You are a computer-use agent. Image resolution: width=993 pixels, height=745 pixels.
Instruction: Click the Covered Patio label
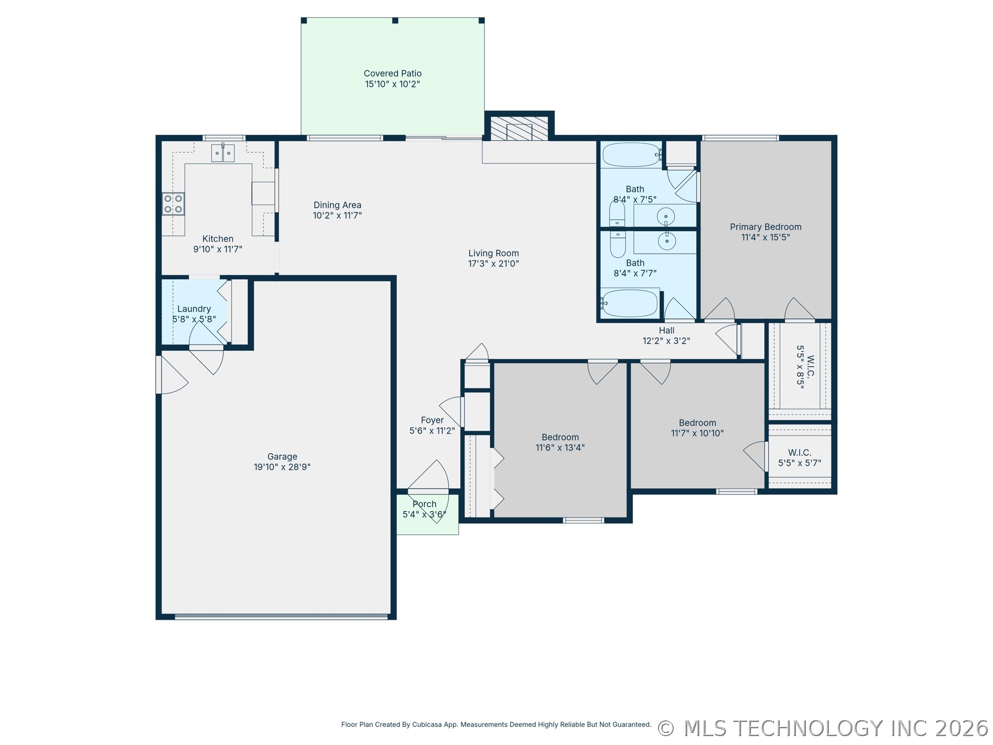pos(392,74)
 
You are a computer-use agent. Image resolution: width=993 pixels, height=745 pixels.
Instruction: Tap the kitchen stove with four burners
pos(173,204)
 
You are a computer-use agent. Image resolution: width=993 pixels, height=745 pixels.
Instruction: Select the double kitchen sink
pos(223,153)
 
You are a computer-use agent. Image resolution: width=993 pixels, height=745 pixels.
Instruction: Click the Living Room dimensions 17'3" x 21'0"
pos(493,264)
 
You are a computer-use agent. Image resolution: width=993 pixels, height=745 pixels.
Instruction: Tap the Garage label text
pos(282,457)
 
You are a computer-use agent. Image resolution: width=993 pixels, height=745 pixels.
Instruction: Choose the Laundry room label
pos(194,309)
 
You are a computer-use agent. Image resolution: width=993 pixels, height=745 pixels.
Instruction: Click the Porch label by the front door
pos(424,504)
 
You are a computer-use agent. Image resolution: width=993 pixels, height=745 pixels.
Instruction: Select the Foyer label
pos(432,420)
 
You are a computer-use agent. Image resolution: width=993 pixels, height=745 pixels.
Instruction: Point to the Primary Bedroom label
pos(766,227)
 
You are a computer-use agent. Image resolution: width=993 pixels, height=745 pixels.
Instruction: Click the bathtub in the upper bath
pos(631,155)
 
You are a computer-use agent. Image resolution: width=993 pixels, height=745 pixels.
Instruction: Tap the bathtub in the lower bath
pos(629,303)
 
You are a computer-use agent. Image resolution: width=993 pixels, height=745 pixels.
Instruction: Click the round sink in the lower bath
pos(666,240)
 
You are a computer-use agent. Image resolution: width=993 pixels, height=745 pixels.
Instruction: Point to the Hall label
pos(666,330)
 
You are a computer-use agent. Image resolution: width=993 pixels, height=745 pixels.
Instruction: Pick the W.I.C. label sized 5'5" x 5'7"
pos(800,458)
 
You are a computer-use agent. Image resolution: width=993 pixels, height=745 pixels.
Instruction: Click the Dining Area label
pos(337,205)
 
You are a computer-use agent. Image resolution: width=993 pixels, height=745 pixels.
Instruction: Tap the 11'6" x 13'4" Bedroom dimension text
pos(560,448)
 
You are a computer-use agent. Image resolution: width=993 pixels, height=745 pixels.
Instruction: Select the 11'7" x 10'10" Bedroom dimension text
pos(697,433)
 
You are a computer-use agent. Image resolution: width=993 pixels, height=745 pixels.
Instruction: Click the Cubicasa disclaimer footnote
pos(496,725)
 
